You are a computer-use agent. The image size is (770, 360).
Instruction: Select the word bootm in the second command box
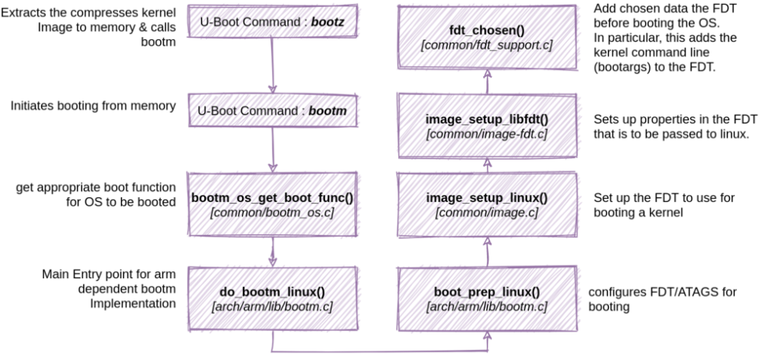point(325,112)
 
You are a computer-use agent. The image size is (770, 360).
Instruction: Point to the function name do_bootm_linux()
point(273,292)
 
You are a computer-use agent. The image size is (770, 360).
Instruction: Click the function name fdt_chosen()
point(488,31)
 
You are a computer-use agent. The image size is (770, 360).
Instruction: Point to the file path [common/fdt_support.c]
point(488,46)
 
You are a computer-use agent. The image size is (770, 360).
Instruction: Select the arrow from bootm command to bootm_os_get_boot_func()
point(273,149)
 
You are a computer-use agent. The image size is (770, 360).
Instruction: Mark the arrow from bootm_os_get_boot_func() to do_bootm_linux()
point(273,250)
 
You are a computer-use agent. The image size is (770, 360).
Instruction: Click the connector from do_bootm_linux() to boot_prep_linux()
point(380,350)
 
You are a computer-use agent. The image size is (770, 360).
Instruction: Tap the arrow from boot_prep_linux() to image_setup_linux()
point(488,250)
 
